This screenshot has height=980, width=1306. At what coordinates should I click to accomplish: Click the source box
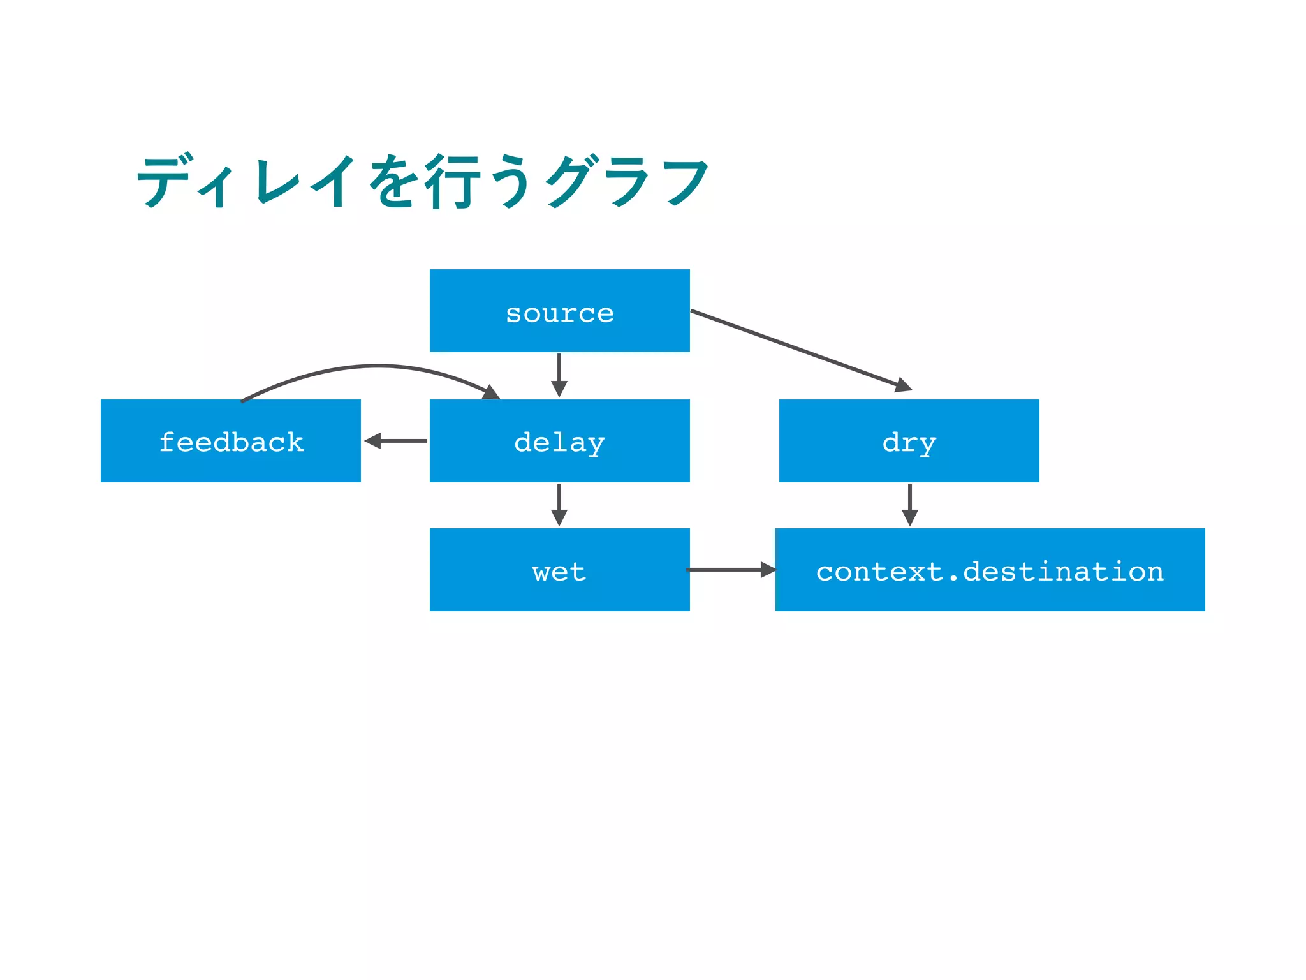[559, 311]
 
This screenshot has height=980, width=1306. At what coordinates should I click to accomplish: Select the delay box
[559, 441]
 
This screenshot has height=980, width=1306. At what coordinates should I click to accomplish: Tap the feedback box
[230, 441]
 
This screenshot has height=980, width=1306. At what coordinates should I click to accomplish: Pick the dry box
[909, 441]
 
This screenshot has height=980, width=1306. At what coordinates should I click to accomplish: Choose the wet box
[559, 570]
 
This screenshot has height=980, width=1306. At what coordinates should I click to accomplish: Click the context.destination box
[990, 570]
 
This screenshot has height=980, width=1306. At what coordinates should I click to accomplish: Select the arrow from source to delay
[559, 375]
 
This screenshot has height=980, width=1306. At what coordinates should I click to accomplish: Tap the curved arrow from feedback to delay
[376, 367]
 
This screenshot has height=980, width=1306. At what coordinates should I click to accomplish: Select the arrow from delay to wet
[559, 504]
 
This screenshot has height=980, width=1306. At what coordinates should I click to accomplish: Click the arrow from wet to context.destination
[730, 570]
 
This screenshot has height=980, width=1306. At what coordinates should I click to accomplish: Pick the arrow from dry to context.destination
[910, 504]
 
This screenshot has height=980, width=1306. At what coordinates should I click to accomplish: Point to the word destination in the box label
[1063, 571]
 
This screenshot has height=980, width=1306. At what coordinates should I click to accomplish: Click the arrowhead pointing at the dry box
[904, 385]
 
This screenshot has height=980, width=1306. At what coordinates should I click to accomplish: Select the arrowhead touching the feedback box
[372, 441]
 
